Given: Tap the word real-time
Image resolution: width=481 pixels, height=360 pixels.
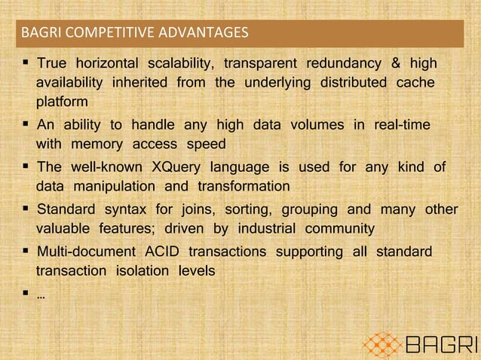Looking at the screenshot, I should click(x=403, y=124).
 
